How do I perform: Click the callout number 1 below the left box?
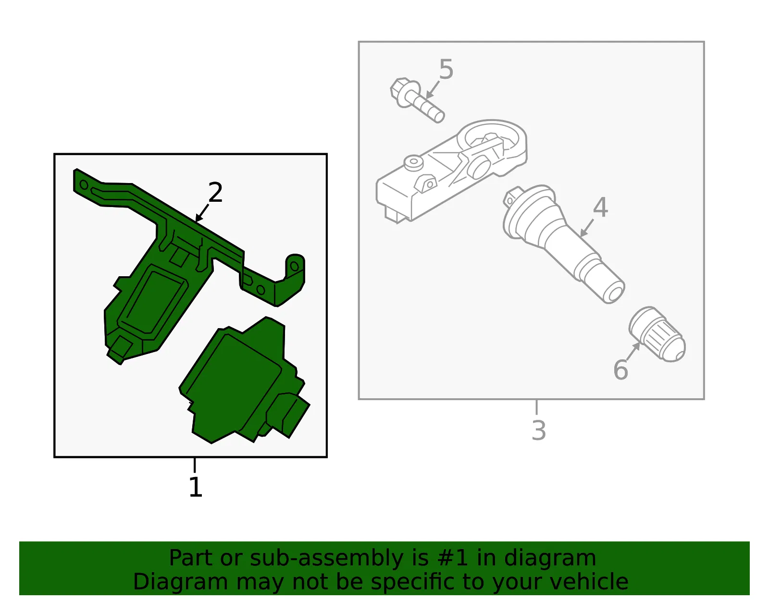tap(196, 487)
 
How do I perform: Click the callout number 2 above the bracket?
tap(215, 192)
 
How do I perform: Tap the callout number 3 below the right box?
tap(539, 430)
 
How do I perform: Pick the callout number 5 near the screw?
tap(446, 69)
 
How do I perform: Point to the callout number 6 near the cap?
tap(620, 369)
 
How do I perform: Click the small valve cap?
tap(657, 334)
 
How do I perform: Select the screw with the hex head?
tap(417, 100)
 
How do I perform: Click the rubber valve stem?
tap(563, 244)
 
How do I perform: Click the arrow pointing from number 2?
tap(202, 213)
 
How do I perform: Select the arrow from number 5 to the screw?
tap(433, 90)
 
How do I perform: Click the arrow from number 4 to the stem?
tap(587, 228)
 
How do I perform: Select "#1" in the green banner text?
tap(452, 558)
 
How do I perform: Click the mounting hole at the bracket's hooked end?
tap(295, 266)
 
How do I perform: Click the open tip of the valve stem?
tap(614, 293)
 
